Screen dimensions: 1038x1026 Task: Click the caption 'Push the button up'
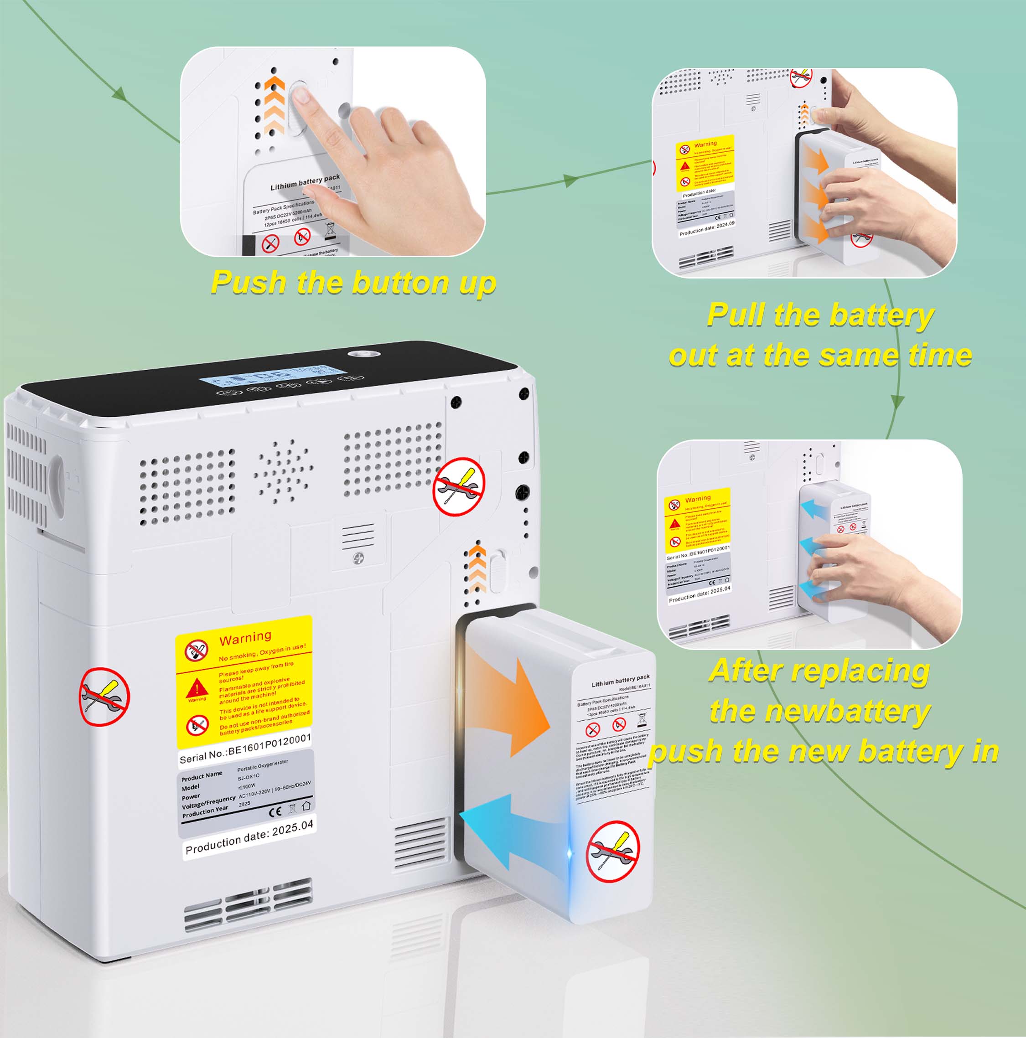[353, 283]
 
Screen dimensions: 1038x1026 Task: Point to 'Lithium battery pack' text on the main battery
[620, 681]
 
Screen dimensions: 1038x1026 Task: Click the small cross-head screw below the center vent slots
[358, 560]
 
